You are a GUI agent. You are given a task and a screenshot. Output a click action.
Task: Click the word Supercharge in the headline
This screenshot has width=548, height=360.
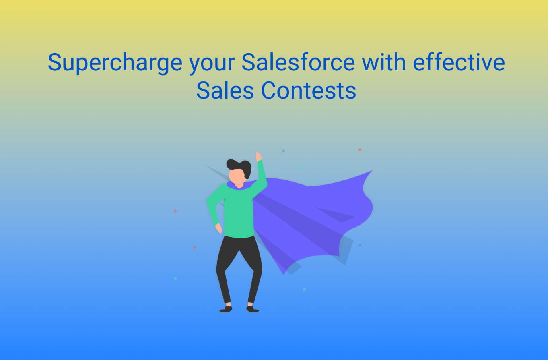115,63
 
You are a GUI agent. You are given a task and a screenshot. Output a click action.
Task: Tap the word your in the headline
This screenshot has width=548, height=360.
212,65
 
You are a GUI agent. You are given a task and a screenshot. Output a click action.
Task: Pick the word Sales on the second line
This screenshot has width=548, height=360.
225,90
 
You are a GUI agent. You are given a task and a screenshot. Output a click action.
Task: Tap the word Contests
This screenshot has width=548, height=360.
309,90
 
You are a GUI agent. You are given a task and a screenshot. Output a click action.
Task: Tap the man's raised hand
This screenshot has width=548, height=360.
258,157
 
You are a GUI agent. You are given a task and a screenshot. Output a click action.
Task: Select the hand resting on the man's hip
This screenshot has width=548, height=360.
218,228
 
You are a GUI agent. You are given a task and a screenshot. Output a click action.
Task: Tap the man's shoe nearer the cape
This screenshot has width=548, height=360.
252,309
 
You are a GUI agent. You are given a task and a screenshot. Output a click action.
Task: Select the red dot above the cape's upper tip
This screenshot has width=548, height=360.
360,150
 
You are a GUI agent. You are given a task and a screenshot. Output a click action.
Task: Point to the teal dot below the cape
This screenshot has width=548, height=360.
304,289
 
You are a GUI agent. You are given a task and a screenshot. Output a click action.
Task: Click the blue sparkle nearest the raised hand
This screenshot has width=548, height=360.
284,151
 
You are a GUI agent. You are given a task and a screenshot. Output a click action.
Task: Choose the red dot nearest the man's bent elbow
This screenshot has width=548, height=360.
175,211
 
